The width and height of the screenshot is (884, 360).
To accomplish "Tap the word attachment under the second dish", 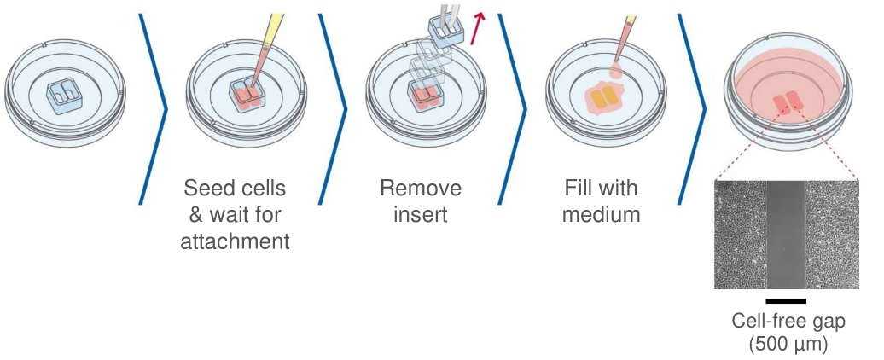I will [235, 241].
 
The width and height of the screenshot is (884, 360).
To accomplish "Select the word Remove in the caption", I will [421, 188].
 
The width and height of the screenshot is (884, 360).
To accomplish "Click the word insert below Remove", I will [421, 214].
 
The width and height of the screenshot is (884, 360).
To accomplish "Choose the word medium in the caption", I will [601, 214].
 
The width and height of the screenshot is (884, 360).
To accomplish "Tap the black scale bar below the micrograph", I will [786, 300].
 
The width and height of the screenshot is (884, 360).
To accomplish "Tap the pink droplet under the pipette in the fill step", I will [616, 74].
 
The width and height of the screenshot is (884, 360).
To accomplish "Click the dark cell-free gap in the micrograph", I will [785, 235].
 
